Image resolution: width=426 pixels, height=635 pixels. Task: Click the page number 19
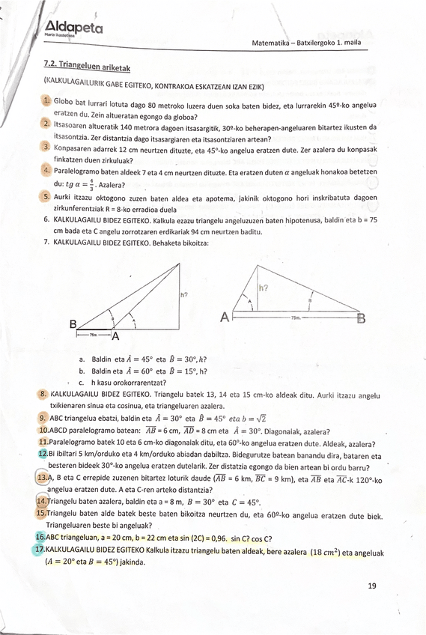[x=372, y=586]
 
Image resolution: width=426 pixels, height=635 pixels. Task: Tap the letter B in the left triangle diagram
[x=73, y=323]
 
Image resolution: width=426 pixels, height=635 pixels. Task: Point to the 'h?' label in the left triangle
[x=184, y=294]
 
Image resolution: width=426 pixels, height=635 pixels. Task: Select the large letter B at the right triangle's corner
[x=362, y=319]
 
